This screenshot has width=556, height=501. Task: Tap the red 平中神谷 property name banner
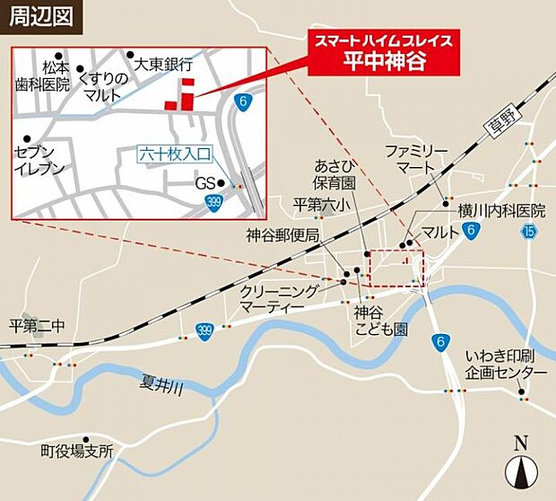coord(385,53)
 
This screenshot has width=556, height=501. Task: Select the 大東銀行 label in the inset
coord(163,65)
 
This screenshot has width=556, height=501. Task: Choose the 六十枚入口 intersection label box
coord(174,154)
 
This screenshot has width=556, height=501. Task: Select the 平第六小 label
coord(321,206)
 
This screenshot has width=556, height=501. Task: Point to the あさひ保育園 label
coord(335,174)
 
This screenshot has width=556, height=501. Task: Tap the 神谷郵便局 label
coord(282,235)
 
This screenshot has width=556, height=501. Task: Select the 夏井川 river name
coord(161,387)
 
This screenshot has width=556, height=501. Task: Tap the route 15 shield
coord(529,233)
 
